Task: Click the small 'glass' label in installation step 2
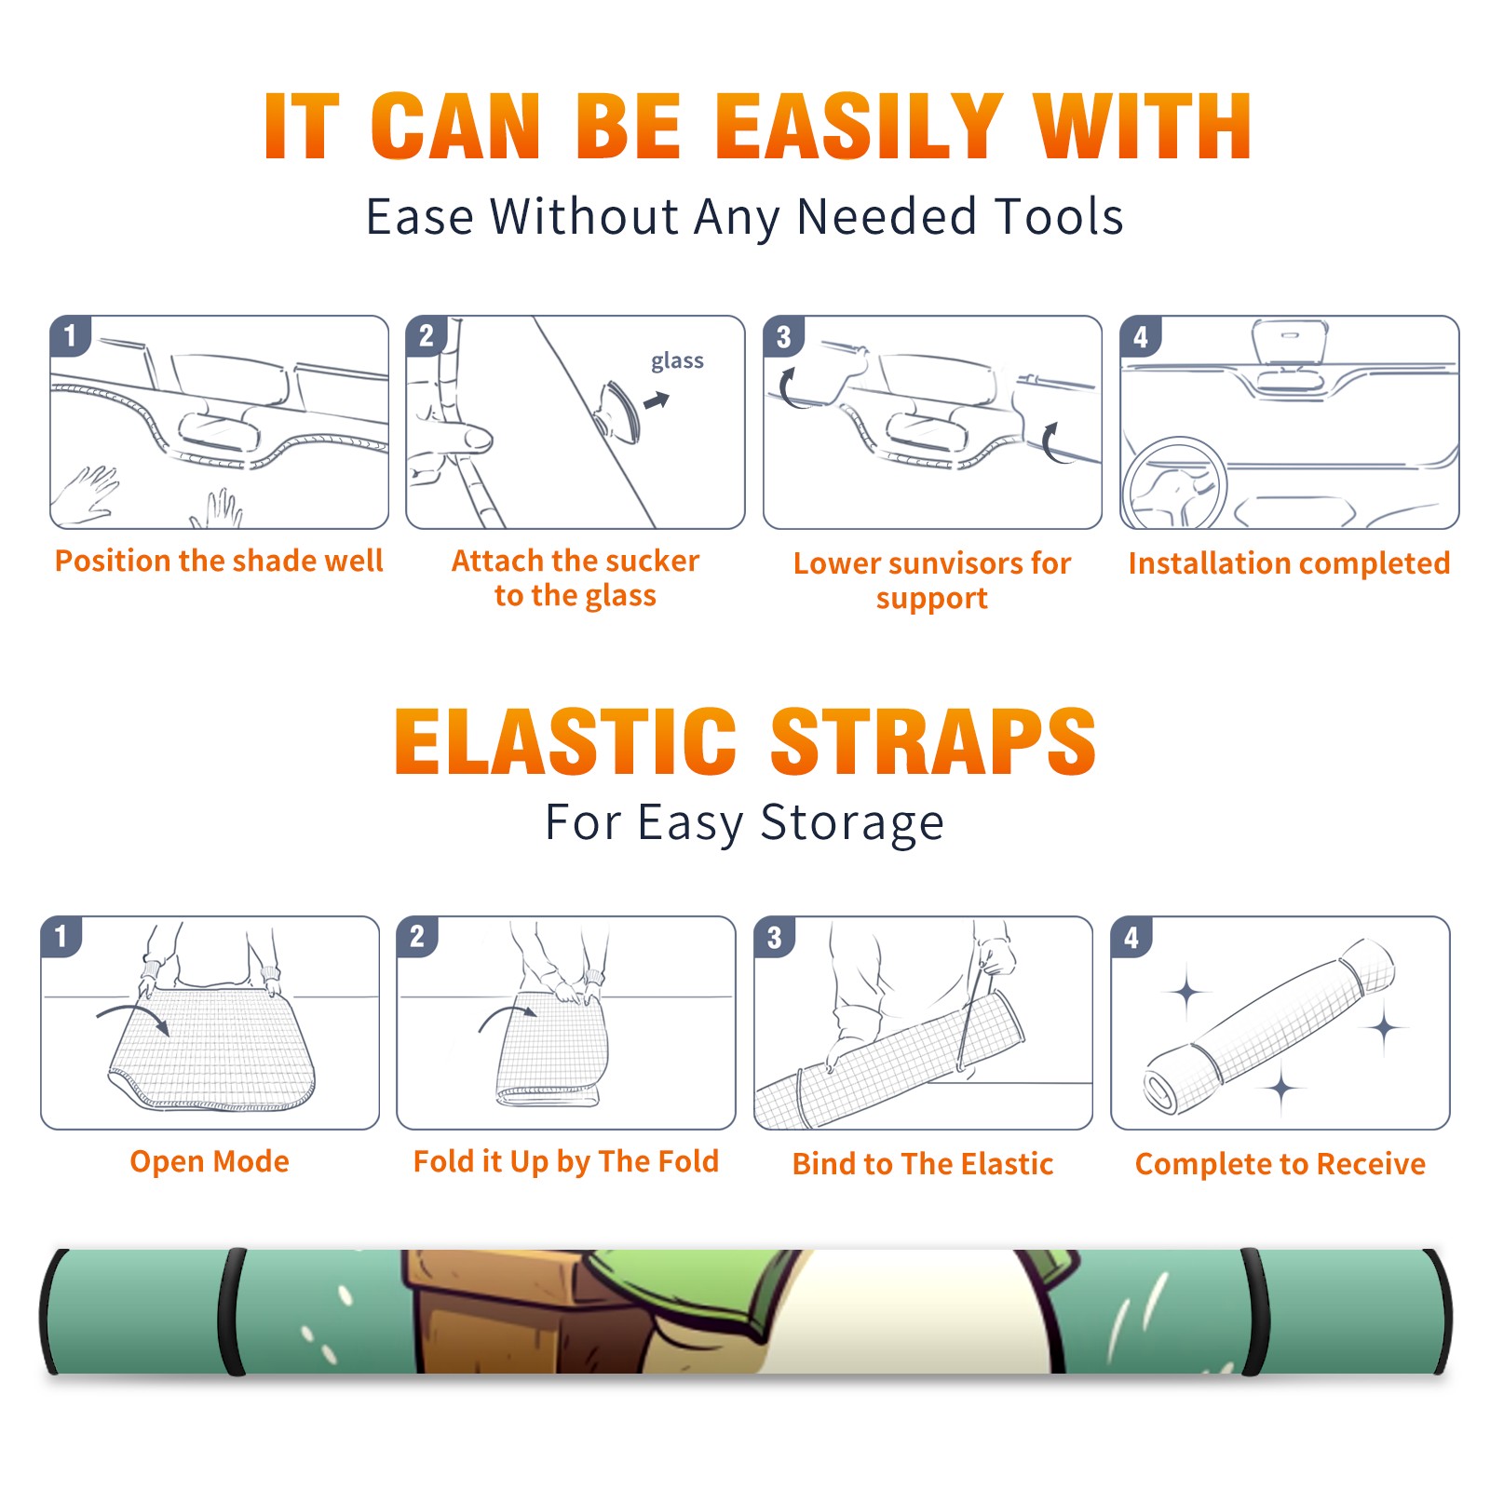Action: pyautogui.click(x=677, y=361)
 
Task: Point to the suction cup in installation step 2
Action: pyautogui.click(x=619, y=411)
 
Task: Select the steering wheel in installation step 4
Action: pyautogui.click(x=1175, y=483)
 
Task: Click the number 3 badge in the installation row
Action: pyautogui.click(x=783, y=336)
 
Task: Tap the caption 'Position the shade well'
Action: pyautogui.click(x=219, y=561)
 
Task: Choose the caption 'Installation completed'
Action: pyautogui.click(x=1289, y=563)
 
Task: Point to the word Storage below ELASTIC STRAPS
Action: pyautogui.click(x=852, y=823)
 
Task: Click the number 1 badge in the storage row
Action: pyautogui.click(x=61, y=936)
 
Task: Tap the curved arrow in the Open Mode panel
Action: pyautogui.click(x=133, y=1017)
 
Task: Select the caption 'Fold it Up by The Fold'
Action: pyautogui.click(x=566, y=1162)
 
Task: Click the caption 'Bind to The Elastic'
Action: pyautogui.click(x=923, y=1164)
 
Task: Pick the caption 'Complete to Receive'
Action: pyautogui.click(x=1280, y=1164)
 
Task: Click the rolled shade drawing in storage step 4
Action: pyautogui.click(x=1269, y=1026)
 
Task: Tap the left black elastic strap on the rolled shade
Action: pyautogui.click(x=232, y=1312)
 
